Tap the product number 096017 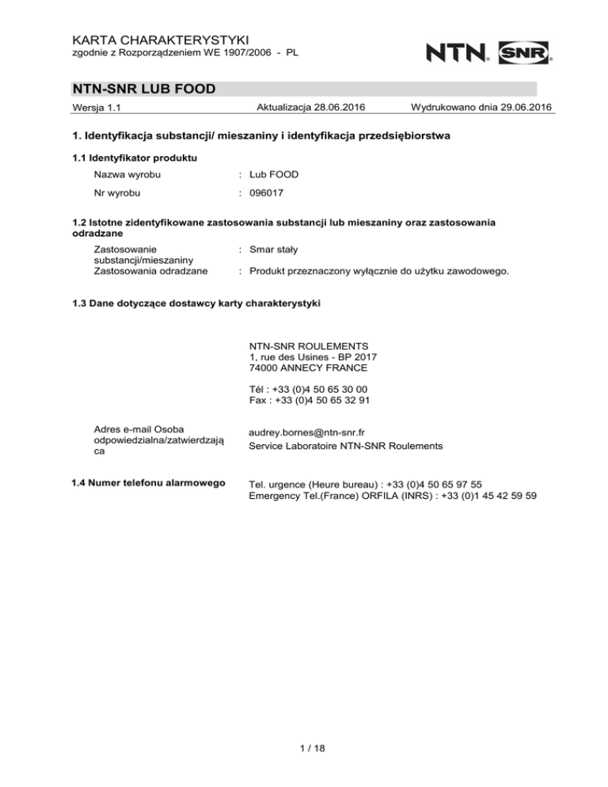click(x=267, y=192)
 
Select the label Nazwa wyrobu click(x=129, y=173)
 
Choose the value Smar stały click(x=273, y=249)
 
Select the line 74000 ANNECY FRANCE click(x=308, y=368)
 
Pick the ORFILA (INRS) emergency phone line click(x=393, y=496)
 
